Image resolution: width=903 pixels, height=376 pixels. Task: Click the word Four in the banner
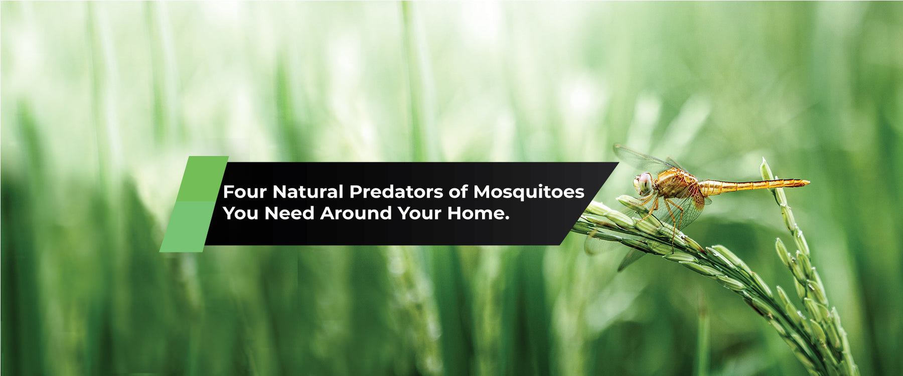245,192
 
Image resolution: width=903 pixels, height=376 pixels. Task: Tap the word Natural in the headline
308,192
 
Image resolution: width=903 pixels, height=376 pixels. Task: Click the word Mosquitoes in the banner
529,192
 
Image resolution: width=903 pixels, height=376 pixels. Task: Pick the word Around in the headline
356,213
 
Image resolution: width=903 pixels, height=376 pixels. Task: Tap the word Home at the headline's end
478,213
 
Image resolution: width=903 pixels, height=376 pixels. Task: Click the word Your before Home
419,213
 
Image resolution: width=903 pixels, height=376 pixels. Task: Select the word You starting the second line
241,213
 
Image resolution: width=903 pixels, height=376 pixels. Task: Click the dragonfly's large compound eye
644,182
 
